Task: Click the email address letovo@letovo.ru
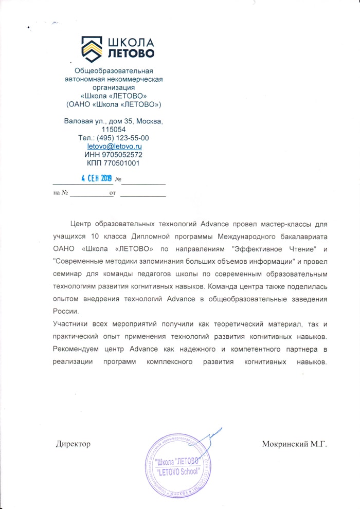pos(114,147)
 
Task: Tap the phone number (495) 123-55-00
pos(114,138)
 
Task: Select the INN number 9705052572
pos(114,155)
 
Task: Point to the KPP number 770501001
pos(114,163)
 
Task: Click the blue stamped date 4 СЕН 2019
pos(97,178)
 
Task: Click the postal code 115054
pos(114,130)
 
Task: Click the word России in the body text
pos(65,311)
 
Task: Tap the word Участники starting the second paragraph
pos(70,324)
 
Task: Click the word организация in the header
pos(114,87)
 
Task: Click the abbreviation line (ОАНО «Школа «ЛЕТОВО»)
pos(114,104)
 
